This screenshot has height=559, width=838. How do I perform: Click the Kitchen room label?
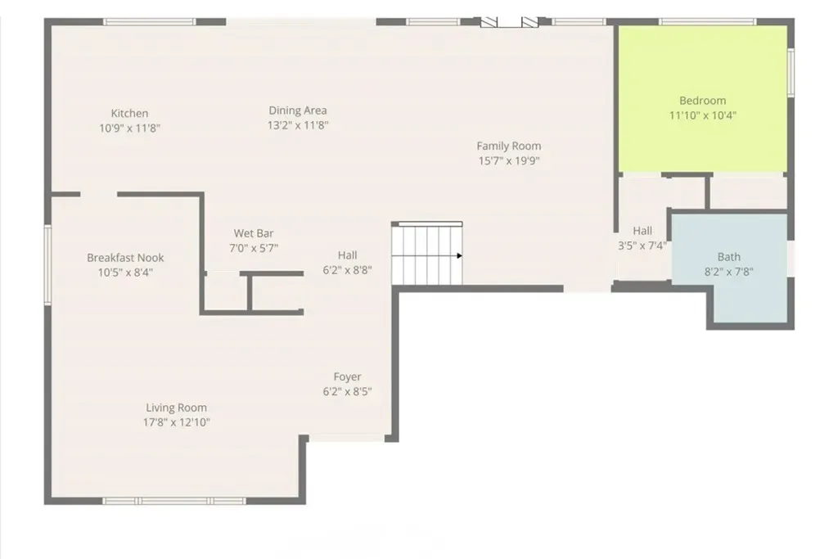coord(129,113)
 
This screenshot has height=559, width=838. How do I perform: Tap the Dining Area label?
coord(298,110)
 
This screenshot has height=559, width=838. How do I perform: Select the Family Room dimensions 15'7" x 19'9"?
coord(509,161)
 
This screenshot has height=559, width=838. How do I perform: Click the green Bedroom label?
coord(702,101)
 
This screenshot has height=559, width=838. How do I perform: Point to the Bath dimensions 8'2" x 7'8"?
coord(728,272)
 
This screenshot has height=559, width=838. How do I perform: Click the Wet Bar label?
coord(254,233)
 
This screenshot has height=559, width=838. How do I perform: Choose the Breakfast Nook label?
coord(125,258)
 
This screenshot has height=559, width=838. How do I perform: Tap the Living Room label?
coord(176,408)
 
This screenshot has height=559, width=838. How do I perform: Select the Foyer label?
coord(347,376)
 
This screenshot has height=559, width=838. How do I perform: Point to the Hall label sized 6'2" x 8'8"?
coord(347,255)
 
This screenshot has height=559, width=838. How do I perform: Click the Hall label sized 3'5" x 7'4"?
coord(642,231)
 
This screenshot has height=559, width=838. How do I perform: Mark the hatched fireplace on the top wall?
coord(509,22)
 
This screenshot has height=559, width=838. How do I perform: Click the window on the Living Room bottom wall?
coord(174,501)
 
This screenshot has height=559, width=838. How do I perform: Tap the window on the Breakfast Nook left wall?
coord(47,264)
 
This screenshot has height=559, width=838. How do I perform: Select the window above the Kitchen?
coord(150,22)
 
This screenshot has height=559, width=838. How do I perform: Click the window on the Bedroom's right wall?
coord(791,73)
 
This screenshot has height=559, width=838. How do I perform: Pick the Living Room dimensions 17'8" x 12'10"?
coord(177,422)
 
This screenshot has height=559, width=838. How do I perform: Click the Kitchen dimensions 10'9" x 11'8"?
coord(130,128)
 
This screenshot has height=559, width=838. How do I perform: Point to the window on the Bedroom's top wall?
coord(708,22)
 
